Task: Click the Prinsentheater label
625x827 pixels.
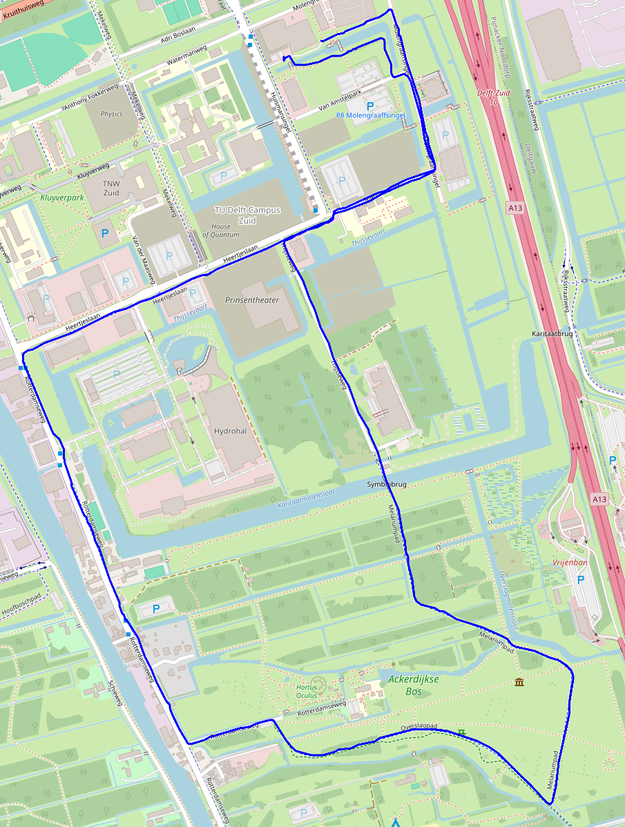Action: click(252, 300)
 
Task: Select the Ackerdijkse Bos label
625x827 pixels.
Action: click(414, 685)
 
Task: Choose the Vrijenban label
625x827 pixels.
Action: click(570, 563)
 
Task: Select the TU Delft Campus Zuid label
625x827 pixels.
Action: click(246, 215)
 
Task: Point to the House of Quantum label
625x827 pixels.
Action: click(221, 231)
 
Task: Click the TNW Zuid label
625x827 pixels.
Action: click(111, 188)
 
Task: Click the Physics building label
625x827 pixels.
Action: click(111, 114)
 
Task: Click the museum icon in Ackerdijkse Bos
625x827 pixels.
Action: click(519, 683)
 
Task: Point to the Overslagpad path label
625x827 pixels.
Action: click(419, 728)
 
